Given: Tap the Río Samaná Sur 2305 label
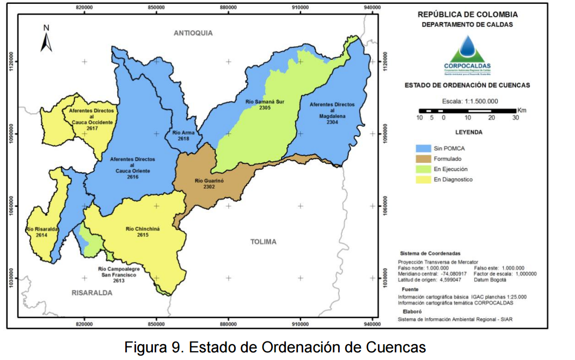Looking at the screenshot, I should (265, 105).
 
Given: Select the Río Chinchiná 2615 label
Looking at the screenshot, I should (143, 231).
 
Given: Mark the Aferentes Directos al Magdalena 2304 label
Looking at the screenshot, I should (332, 113).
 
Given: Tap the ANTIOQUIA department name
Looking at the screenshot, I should (193, 33).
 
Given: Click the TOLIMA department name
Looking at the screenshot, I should (263, 241).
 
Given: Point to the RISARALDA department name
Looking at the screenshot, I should (91, 292).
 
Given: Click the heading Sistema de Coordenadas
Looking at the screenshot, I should (430, 254).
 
